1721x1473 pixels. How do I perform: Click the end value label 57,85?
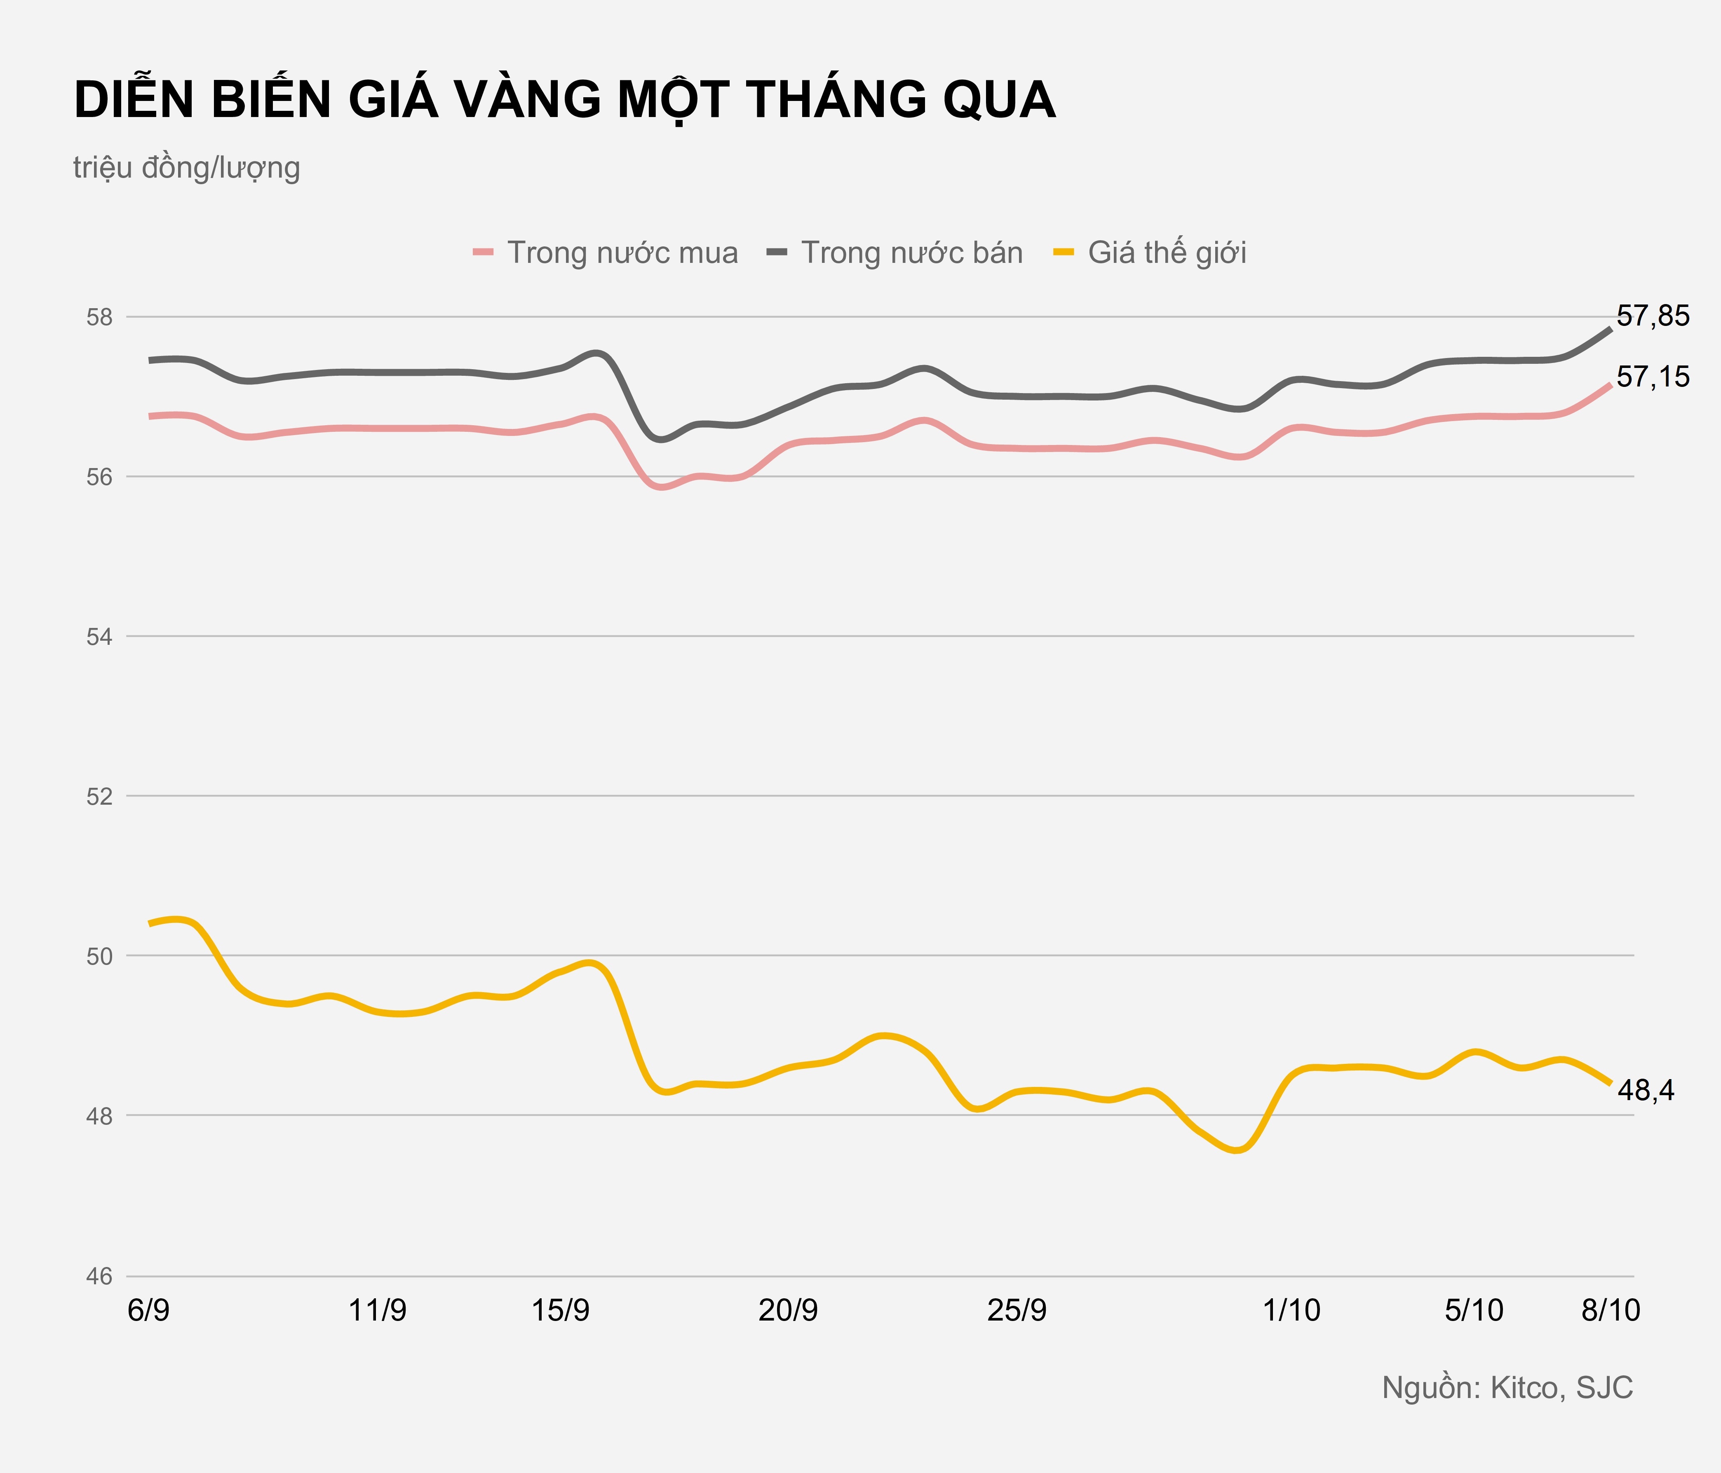tap(1653, 316)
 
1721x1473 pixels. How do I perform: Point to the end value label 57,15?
tap(1653, 377)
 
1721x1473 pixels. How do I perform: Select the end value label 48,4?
tap(1646, 1090)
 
